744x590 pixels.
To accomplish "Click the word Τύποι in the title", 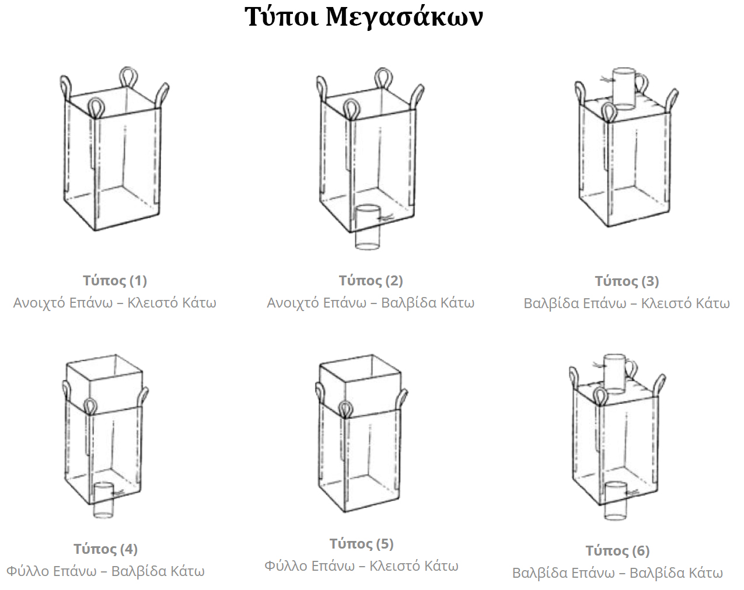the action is tap(281, 17).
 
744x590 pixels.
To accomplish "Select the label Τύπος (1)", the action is tap(115, 281).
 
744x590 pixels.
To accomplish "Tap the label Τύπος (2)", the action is tap(371, 281).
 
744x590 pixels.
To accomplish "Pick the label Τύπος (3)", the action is tap(627, 281).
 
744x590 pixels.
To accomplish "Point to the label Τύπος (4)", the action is tap(106, 549).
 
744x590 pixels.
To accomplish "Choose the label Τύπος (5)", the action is tap(361, 544).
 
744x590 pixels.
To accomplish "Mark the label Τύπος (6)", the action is tap(617, 550).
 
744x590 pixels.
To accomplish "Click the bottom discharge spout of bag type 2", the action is tap(368, 227).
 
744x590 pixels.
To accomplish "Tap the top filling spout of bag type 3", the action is tap(624, 89).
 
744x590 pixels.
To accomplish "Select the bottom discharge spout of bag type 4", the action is tap(103, 500).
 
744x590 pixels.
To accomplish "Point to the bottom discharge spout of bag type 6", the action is tap(616, 501).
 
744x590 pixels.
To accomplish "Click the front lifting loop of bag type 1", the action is tap(96, 108).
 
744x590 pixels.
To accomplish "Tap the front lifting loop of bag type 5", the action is tap(344, 410).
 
